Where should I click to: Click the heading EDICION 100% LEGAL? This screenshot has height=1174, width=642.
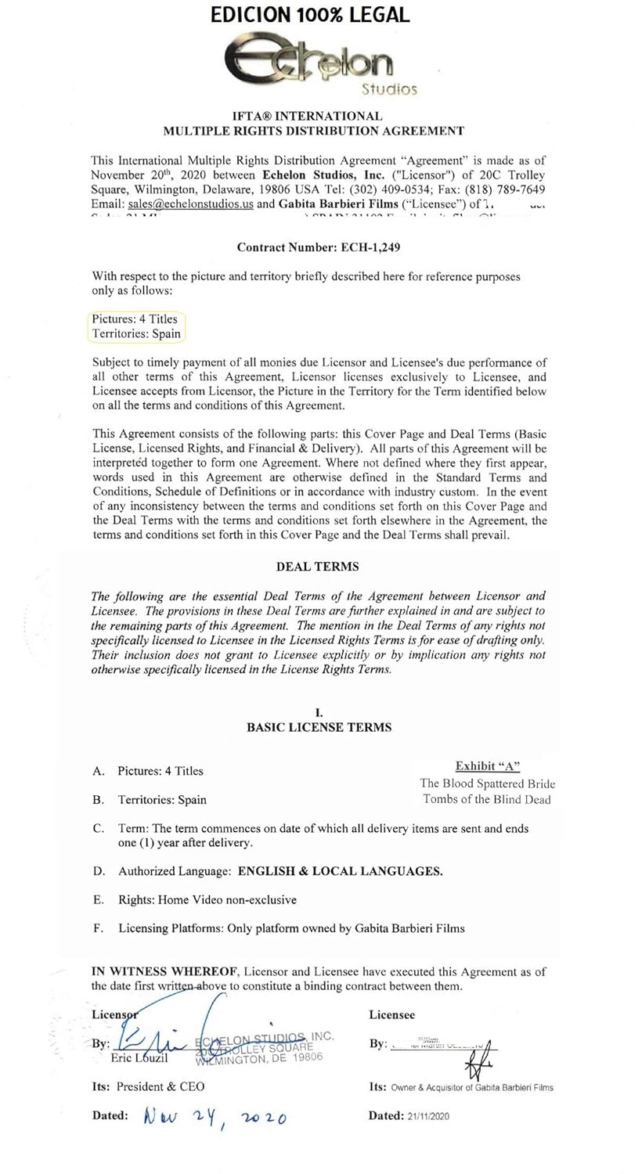[x=310, y=15]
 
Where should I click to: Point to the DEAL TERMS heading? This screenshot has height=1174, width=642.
[x=317, y=566]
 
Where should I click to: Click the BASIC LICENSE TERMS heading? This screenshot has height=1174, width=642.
[x=319, y=727]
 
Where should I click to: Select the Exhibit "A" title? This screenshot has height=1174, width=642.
[x=487, y=766]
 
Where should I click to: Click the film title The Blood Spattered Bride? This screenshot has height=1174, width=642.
[x=487, y=783]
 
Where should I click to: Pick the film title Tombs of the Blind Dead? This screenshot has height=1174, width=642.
[x=487, y=799]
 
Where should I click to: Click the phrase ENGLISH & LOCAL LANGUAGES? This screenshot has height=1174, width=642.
[x=340, y=871]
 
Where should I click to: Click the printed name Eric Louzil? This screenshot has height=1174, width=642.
[x=139, y=1057]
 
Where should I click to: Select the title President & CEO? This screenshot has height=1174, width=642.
[x=160, y=1086]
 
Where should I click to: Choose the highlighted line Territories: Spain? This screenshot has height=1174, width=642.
[x=135, y=333]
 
